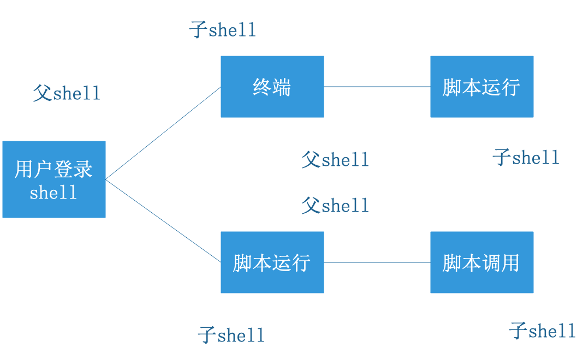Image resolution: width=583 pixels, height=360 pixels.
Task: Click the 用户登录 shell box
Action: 53,179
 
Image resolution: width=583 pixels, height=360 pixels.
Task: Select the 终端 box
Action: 272,87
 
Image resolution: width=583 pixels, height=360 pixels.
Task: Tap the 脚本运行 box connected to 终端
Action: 481,87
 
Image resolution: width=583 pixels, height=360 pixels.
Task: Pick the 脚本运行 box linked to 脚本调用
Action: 272,262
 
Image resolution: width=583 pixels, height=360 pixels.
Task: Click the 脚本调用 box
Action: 481,262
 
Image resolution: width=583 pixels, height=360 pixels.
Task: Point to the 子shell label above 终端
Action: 222,29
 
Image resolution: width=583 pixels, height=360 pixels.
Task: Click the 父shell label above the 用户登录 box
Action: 67,93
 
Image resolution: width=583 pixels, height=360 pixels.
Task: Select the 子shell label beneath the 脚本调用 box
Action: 542,331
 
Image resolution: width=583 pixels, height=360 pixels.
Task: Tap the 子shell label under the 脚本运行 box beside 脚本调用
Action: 231,334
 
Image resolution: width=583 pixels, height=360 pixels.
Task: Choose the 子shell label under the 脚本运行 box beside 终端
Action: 526,158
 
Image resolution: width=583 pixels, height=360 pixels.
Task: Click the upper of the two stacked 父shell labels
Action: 335,160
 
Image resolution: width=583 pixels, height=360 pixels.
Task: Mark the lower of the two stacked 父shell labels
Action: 335,206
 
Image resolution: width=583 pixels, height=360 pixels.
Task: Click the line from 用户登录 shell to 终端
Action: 164,133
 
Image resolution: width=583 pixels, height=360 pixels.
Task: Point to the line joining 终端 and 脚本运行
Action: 377,87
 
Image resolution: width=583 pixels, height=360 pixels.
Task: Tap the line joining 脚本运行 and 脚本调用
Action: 377,262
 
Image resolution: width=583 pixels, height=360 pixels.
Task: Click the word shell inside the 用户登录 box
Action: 53,193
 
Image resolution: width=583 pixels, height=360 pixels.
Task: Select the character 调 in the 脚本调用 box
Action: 490,263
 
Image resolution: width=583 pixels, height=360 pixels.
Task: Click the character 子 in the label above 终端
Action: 198,29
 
